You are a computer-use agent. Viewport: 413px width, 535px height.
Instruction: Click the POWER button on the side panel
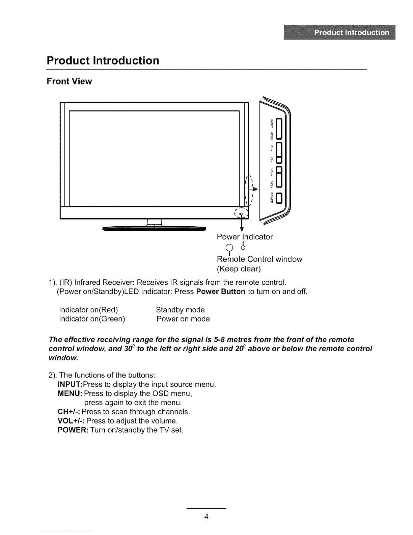pos(278,198)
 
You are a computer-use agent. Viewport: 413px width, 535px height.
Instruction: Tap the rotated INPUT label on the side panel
pos(272,123)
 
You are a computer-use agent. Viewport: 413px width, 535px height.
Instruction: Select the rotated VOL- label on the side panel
pos(272,184)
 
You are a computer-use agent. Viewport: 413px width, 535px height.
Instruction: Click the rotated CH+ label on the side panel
pos(272,148)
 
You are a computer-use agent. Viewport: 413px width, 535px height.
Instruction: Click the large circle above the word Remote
pos(229,247)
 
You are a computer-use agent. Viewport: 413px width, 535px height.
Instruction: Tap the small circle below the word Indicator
pos(243,248)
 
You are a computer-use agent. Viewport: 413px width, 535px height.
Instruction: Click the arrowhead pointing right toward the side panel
pos(255,189)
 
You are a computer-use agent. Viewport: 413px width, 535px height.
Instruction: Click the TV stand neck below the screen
pos(154,222)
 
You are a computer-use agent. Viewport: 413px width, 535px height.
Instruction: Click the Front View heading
pos(70,81)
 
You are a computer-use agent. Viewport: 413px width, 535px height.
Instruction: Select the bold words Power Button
pos(221,291)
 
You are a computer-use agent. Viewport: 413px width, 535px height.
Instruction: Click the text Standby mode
pos(180,310)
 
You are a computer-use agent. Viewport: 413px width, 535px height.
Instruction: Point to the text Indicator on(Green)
pos(92,319)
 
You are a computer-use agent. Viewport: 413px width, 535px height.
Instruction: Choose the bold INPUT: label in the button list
pos(70,384)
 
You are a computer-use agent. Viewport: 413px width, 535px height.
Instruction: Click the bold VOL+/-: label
pos(71,421)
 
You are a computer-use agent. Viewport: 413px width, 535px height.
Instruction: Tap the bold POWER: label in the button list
pos(73,430)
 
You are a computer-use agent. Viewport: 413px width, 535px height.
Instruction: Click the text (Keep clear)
pos(239,269)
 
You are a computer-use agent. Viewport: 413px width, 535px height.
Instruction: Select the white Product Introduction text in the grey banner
pos(352,32)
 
